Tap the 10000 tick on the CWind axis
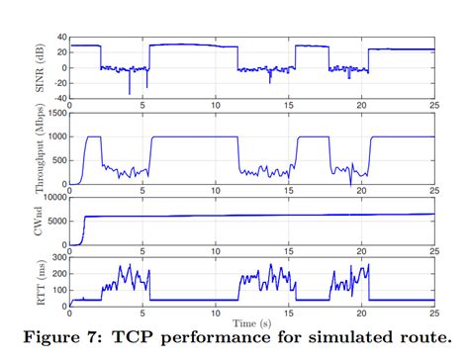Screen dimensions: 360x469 pyautogui.click(x=51, y=198)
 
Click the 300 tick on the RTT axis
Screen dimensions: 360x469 pyautogui.click(x=56, y=255)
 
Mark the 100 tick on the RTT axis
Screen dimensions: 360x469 pyautogui.click(x=56, y=287)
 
